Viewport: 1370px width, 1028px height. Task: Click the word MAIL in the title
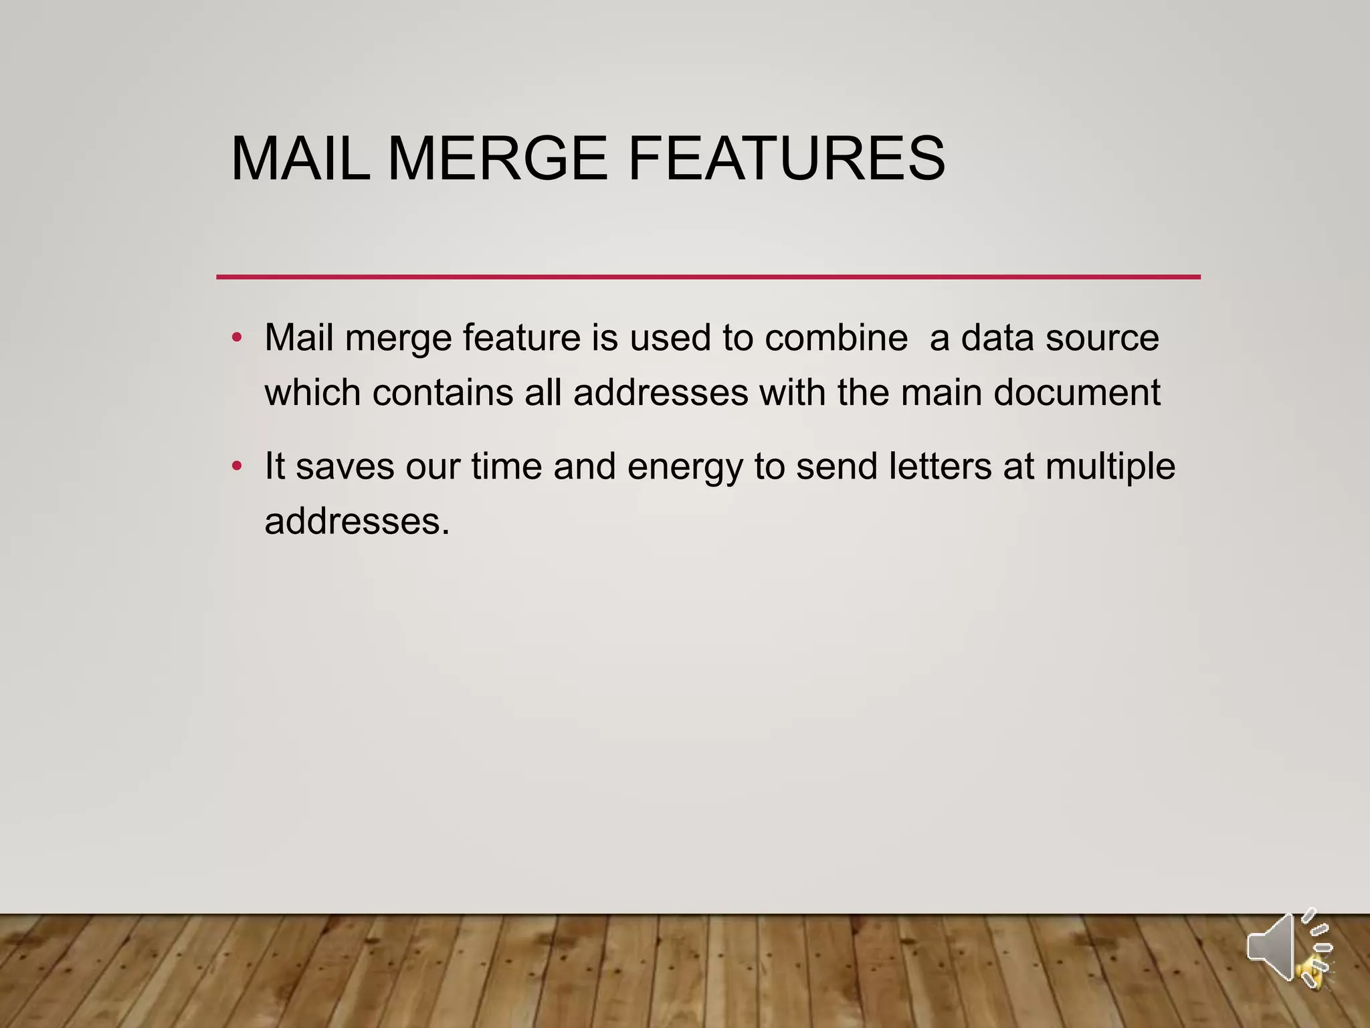[300, 159]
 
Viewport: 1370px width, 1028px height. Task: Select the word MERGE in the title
[497, 159]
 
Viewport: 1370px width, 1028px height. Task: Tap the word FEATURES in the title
[787, 159]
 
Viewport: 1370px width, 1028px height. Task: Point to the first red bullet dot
[236, 337]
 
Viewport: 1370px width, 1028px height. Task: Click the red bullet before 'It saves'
[236, 466]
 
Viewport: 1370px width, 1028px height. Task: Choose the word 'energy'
[685, 467]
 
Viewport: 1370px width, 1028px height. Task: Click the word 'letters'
[940, 466]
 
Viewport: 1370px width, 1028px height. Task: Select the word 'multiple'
[1110, 467]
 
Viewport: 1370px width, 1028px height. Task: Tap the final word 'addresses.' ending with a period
[357, 521]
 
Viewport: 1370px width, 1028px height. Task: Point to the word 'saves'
[345, 467]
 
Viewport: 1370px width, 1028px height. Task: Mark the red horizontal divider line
[708, 276]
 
